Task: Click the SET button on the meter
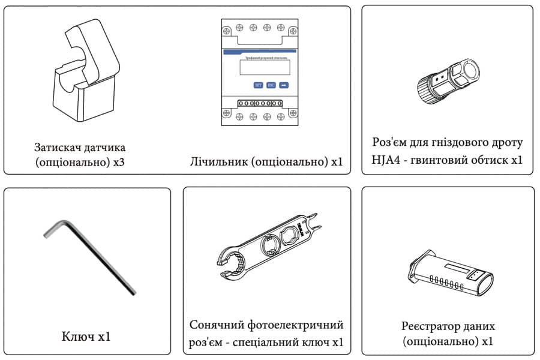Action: point(258,85)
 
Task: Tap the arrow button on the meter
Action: point(284,85)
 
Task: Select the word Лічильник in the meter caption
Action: point(214,162)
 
